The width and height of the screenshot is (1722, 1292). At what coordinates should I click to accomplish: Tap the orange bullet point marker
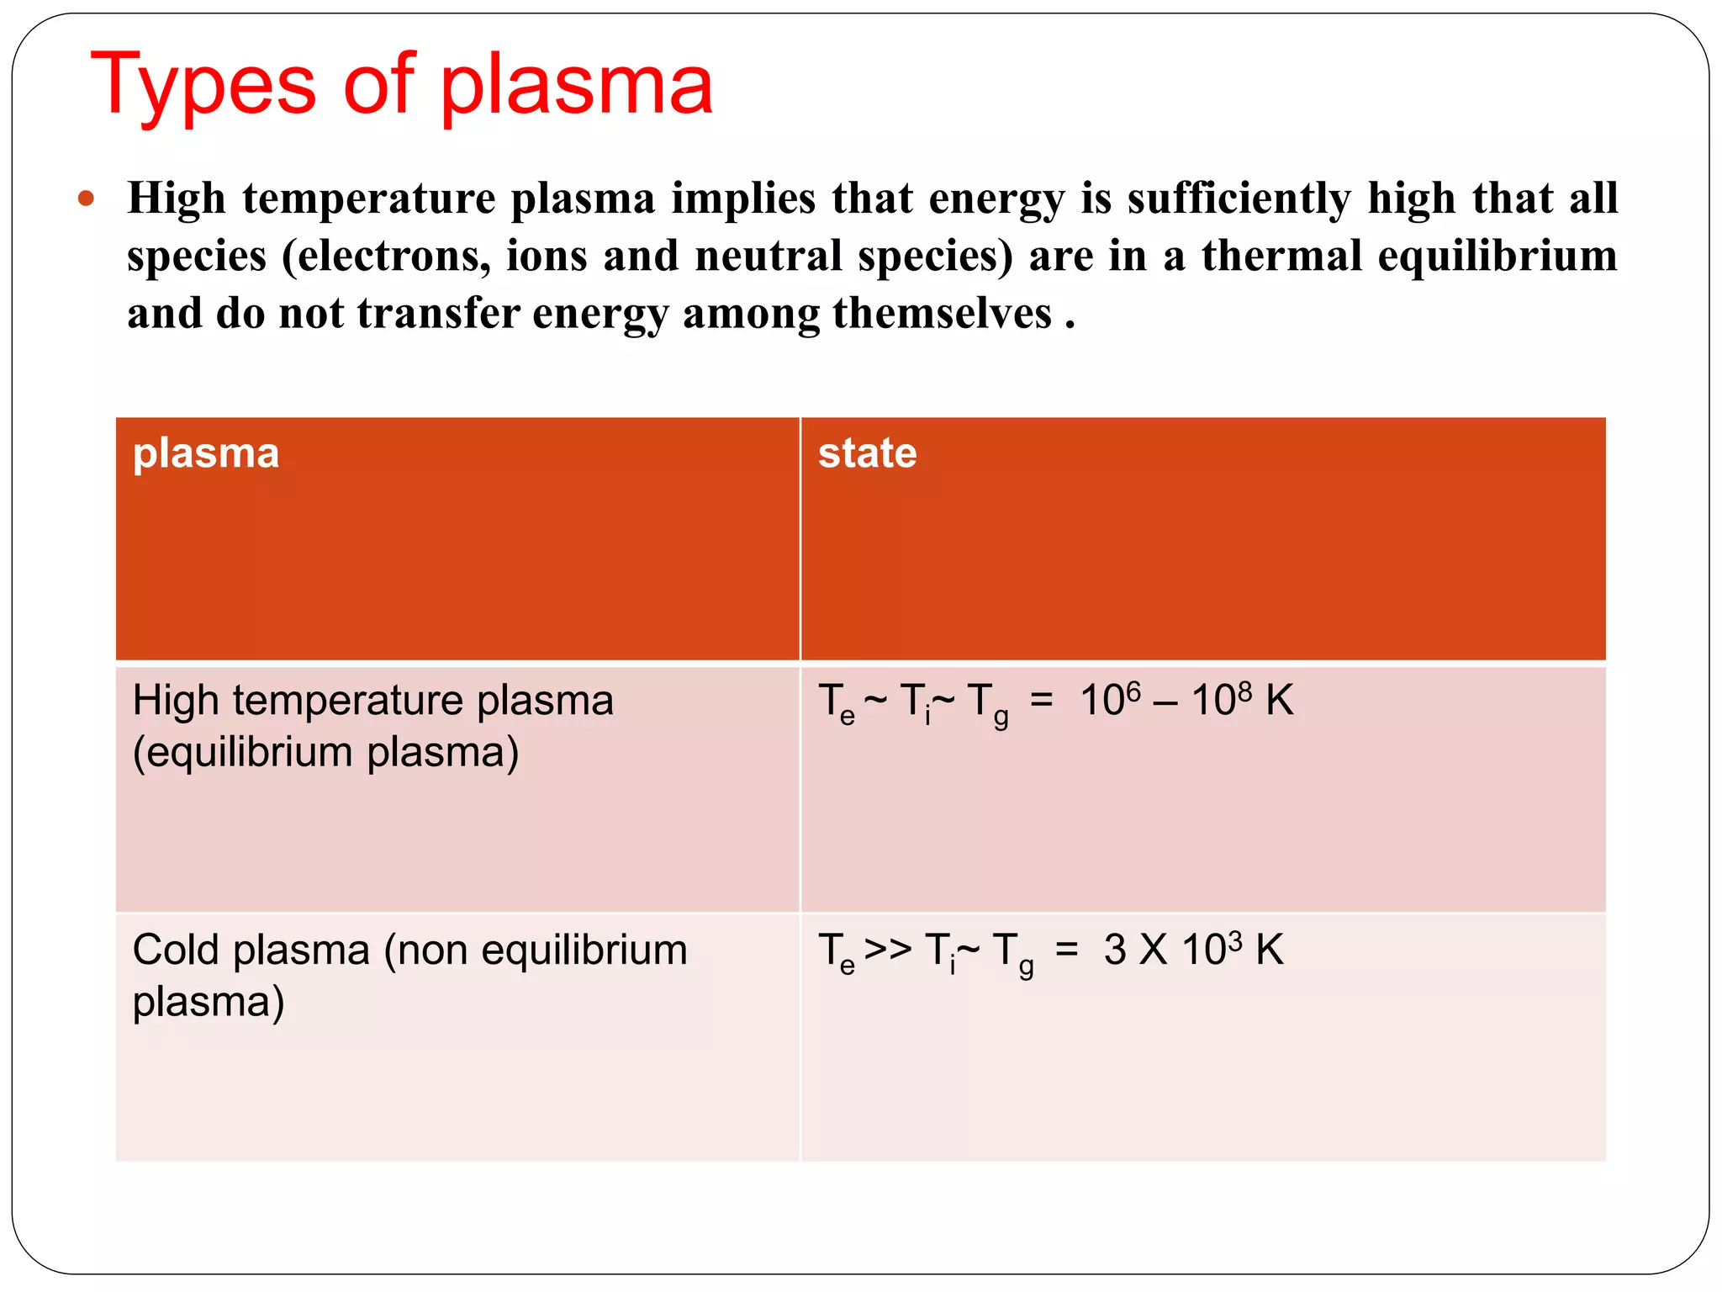coord(86,199)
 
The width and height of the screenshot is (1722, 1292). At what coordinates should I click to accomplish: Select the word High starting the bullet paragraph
coord(177,199)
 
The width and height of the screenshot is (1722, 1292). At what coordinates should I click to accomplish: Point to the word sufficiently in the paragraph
coord(1239,199)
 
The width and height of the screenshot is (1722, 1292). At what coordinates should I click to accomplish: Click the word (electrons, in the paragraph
coord(386,256)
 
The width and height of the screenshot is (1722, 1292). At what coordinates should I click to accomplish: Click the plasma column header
coord(206,453)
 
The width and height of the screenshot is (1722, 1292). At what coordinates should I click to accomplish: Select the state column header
coord(867,453)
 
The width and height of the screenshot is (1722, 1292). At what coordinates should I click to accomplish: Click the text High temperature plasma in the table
coord(373,701)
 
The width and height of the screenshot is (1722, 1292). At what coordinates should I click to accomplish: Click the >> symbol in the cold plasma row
coord(888,949)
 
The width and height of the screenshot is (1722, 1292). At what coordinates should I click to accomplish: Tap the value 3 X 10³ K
coord(1193,950)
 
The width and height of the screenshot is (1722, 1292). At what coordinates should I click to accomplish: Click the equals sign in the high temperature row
coord(1041,699)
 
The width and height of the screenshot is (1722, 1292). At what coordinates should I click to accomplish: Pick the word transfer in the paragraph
coord(436,314)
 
